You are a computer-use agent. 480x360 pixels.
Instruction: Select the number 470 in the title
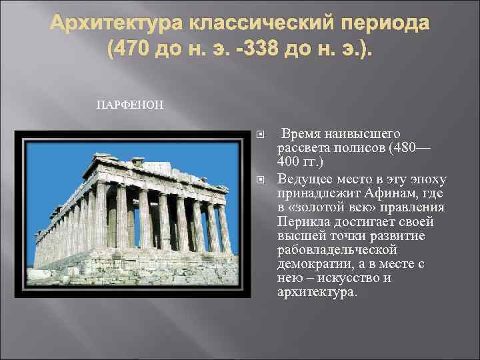(137, 50)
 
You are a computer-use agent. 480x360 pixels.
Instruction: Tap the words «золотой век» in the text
(326, 208)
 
